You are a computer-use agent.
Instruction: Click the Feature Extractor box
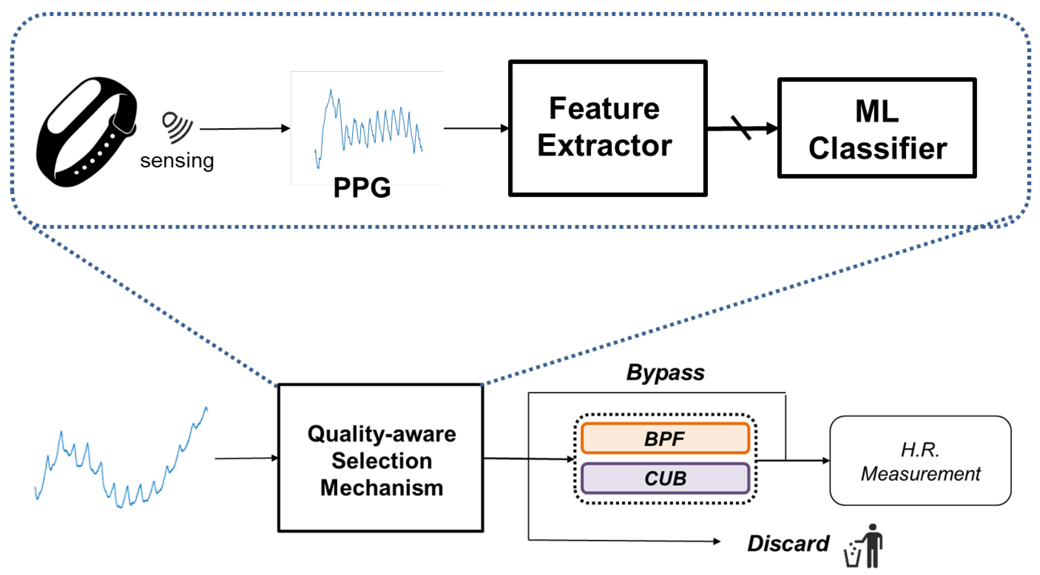(x=607, y=128)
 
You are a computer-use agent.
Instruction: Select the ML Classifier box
(x=876, y=128)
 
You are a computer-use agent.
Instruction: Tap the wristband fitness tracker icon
(x=86, y=132)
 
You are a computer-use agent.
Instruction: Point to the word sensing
(x=177, y=161)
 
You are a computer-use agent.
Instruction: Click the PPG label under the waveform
(x=362, y=188)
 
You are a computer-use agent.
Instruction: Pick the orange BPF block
(x=665, y=438)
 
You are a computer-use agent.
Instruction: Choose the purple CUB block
(x=665, y=478)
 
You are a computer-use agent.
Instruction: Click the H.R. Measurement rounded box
(x=920, y=461)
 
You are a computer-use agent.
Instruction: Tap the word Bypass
(x=665, y=372)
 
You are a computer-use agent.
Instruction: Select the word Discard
(x=788, y=544)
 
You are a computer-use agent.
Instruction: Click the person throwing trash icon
(x=864, y=546)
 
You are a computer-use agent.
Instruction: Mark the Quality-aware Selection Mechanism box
(x=381, y=458)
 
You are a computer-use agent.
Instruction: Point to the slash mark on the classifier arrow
(x=741, y=127)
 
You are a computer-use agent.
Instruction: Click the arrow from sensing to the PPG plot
(x=245, y=129)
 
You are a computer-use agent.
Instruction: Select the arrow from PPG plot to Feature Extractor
(x=476, y=128)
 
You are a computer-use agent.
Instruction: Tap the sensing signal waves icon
(x=177, y=126)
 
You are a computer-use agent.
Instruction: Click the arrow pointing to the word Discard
(x=624, y=540)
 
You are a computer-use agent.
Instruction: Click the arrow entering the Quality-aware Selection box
(x=246, y=458)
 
